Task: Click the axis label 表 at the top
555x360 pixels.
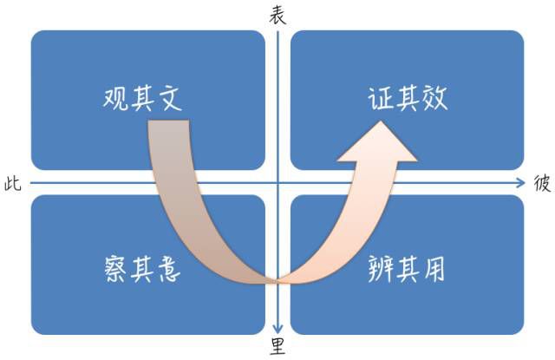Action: click(x=277, y=16)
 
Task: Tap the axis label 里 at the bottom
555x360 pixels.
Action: click(x=277, y=346)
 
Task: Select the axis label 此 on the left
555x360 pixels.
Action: click(x=13, y=184)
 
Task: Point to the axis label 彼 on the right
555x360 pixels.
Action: click(x=542, y=184)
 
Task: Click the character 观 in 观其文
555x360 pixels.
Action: click(x=115, y=98)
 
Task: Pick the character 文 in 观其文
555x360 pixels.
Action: click(x=169, y=98)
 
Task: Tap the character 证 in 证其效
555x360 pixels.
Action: click(x=381, y=98)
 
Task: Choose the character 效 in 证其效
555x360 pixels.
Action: click(x=434, y=98)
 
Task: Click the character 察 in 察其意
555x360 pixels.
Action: click(x=115, y=269)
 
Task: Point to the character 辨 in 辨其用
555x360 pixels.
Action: click(x=381, y=269)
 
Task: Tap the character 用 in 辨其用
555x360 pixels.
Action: click(x=434, y=270)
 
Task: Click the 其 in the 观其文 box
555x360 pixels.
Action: click(x=142, y=99)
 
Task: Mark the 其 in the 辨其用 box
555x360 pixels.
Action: click(x=408, y=270)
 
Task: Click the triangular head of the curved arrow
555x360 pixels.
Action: click(x=378, y=141)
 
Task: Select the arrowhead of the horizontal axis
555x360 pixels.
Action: click(x=520, y=183)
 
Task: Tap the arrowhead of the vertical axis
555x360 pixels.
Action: click(x=277, y=329)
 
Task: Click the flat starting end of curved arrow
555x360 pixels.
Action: click(x=168, y=121)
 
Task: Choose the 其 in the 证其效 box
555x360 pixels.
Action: click(x=408, y=98)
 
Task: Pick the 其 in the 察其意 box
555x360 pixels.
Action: click(x=142, y=270)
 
